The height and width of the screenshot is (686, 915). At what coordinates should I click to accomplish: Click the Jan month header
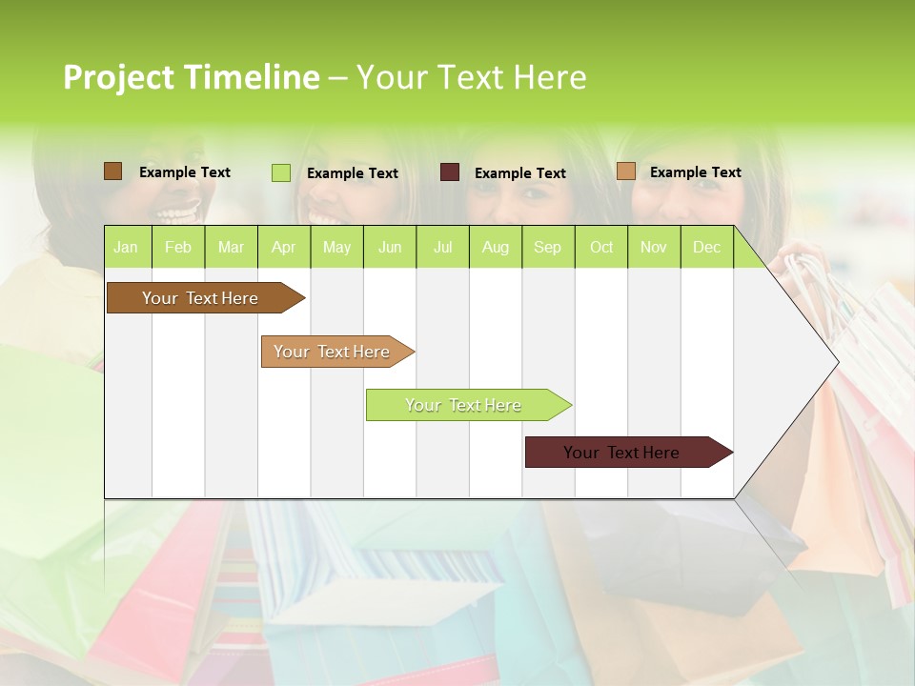[x=126, y=247]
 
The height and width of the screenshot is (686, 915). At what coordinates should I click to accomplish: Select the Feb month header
[x=178, y=247]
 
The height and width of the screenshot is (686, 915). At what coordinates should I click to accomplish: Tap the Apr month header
[x=283, y=247]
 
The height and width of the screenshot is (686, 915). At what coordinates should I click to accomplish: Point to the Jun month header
[x=390, y=247]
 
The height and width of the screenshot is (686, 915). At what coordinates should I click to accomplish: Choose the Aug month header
[x=495, y=247]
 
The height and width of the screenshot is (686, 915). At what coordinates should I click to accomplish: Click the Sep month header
[x=547, y=247]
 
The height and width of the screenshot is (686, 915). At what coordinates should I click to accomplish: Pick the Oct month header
[x=601, y=247]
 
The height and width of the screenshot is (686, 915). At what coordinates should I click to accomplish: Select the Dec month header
[x=706, y=247]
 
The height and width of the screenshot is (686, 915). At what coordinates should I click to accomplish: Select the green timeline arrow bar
[x=464, y=405]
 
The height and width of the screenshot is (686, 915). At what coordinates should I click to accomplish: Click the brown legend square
[x=112, y=171]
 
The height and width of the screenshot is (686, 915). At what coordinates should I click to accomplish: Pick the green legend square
[x=280, y=172]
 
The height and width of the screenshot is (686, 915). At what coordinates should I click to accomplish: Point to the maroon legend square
[x=450, y=172]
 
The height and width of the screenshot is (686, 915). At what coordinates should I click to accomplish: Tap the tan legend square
[x=625, y=171]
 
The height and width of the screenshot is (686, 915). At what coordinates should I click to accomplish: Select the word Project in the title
[x=118, y=77]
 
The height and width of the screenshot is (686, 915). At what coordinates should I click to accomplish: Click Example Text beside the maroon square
[x=519, y=173]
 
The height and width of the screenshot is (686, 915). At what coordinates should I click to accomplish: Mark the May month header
[x=336, y=247]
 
